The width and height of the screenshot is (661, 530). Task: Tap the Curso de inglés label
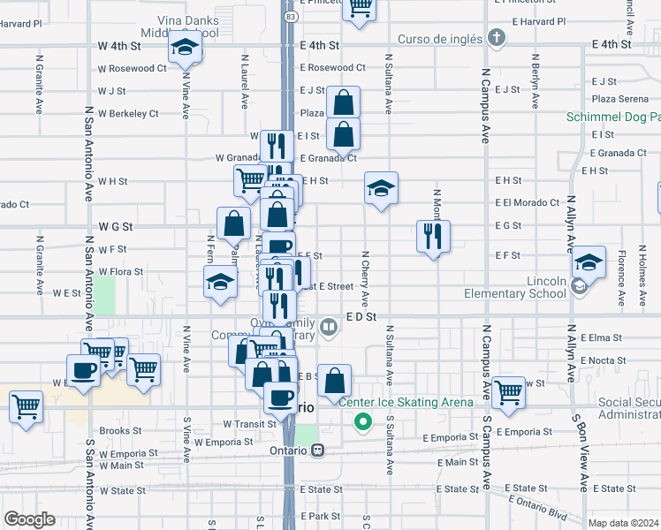click(440, 39)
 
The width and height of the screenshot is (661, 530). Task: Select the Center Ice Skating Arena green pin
click(362, 420)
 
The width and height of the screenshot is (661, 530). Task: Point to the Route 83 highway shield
click(291, 16)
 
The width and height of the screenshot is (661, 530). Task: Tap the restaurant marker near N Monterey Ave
click(433, 237)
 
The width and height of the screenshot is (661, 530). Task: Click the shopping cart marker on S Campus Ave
click(508, 392)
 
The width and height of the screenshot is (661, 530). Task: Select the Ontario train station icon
click(318, 450)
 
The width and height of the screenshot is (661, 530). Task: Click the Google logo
click(29, 519)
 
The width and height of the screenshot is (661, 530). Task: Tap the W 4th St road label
click(119, 44)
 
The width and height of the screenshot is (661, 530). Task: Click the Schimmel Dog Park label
click(614, 117)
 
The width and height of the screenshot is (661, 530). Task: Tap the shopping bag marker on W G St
click(234, 223)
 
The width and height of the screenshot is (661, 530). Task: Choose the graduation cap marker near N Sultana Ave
click(381, 188)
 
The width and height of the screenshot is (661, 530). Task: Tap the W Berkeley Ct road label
click(128, 113)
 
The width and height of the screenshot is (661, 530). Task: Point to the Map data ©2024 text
click(622, 523)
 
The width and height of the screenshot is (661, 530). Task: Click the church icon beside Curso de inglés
click(498, 38)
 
